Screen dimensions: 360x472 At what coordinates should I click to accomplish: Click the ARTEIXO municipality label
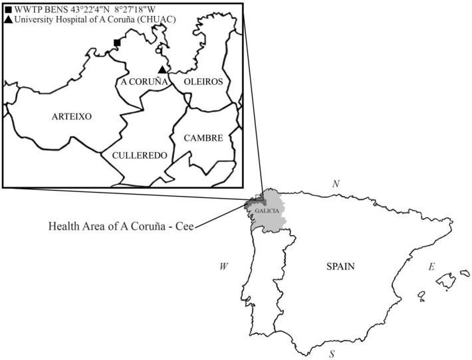(x=71, y=116)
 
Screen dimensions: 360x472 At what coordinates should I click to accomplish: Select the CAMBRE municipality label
(x=203, y=138)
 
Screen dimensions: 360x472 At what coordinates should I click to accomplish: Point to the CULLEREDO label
(x=130, y=155)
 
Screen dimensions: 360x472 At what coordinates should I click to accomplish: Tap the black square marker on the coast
(x=117, y=43)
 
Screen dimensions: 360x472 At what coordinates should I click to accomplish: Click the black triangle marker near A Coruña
(x=162, y=69)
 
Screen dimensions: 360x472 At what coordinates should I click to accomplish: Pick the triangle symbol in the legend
(x=8, y=21)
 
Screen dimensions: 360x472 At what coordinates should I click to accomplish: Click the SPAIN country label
(x=341, y=266)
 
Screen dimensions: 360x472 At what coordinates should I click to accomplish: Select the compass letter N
(x=336, y=183)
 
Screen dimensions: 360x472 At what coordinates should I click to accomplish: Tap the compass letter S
(x=332, y=354)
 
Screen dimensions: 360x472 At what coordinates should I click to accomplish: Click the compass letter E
(x=431, y=266)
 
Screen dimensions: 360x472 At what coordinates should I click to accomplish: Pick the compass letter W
(x=224, y=266)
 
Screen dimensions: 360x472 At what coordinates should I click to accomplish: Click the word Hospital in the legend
(x=76, y=21)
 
